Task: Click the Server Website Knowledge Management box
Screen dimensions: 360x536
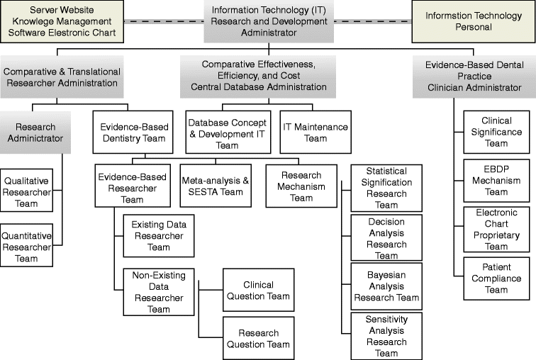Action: pyautogui.click(x=62, y=21)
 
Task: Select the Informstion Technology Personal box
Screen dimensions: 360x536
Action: pyautogui.click(x=472, y=21)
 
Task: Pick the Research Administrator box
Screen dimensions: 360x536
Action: pyautogui.click(x=35, y=133)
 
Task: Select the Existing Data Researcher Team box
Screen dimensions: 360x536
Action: pyautogui.click(x=159, y=236)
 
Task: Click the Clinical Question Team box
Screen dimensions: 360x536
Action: pyautogui.click(x=258, y=290)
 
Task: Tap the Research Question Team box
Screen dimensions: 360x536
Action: pyautogui.click(x=258, y=339)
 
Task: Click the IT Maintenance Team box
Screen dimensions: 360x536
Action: pyautogui.click(x=315, y=133)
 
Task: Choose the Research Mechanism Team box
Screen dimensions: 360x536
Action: pyautogui.click(x=302, y=186)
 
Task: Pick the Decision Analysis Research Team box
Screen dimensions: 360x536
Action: pyautogui.click(x=386, y=237)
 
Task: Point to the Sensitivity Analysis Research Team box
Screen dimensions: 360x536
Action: pyautogui.click(x=386, y=335)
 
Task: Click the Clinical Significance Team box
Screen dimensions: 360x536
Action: pyautogui.click(x=496, y=132)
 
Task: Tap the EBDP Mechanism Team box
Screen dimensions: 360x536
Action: pyautogui.click(x=496, y=181)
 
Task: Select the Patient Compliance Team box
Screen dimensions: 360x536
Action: pyautogui.click(x=496, y=279)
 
